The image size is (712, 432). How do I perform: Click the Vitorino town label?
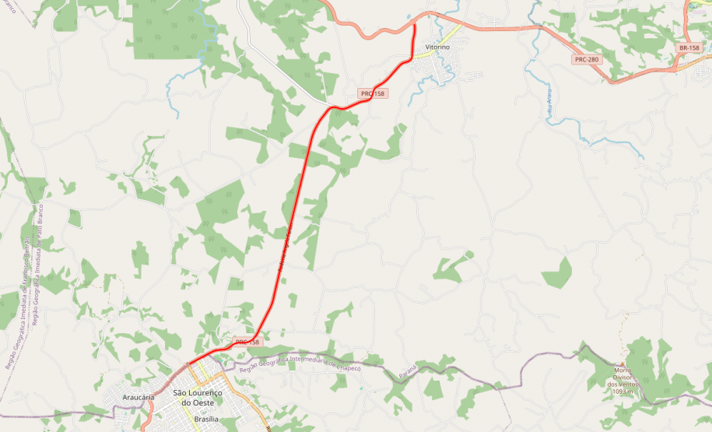tap(437, 47)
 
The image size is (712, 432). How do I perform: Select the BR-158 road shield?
tap(689, 47)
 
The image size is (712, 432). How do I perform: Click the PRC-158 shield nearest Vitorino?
tap(372, 93)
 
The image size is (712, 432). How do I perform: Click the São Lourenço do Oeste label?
tap(197, 398)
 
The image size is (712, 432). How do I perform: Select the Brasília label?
tap(206, 420)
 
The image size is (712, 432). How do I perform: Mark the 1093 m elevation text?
tap(623, 392)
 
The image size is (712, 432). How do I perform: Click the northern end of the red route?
tap(414, 26)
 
